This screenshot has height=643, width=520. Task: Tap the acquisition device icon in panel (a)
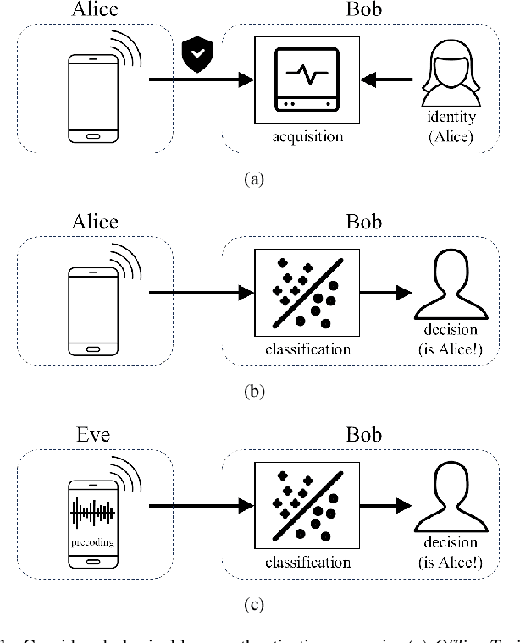pos(307,80)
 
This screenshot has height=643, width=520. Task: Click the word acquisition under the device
pos(307,135)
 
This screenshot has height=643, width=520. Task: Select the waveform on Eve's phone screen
pos(93,512)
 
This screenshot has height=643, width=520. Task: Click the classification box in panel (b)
pos(307,293)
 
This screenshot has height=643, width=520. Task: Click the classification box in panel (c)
pos(307,506)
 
